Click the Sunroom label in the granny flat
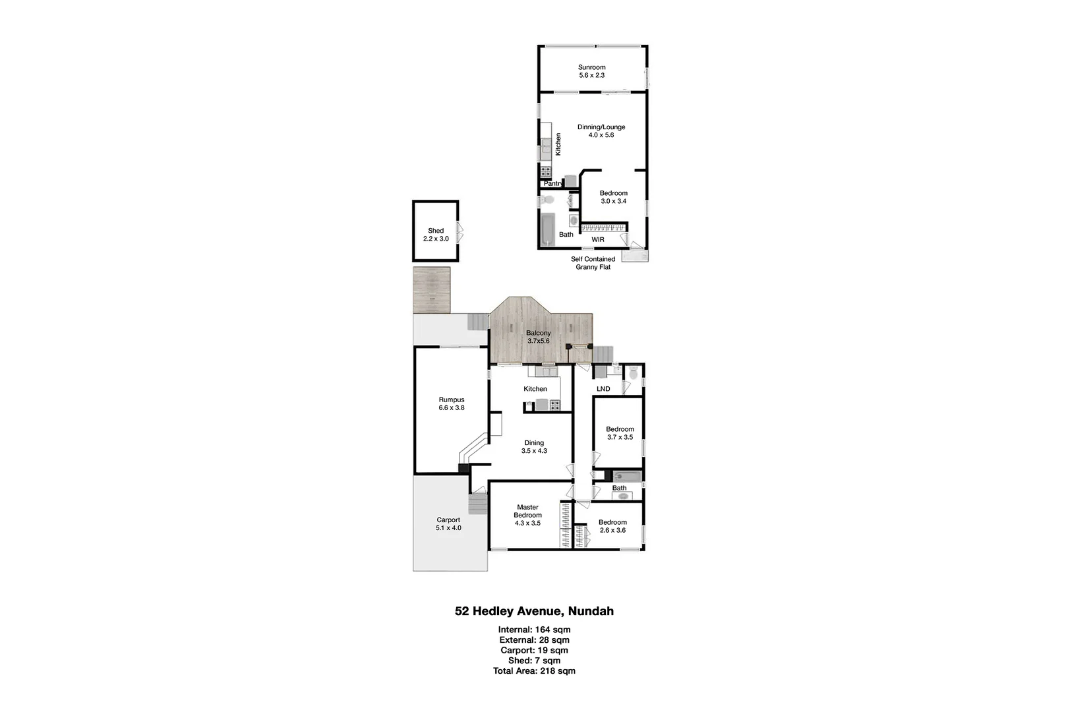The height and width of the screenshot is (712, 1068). click(591, 67)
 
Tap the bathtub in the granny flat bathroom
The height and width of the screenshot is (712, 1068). click(547, 229)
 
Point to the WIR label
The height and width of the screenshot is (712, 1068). click(597, 239)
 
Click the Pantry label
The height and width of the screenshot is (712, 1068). click(552, 183)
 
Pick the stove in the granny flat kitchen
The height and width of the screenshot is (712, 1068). click(546, 171)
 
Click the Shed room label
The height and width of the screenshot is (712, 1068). click(436, 231)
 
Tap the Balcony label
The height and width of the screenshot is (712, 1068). click(538, 334)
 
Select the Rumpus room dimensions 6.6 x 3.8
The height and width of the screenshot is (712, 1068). click(452, 408)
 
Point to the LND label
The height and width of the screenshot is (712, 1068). click(603, 389)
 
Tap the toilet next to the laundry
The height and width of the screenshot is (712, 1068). click(634, 374)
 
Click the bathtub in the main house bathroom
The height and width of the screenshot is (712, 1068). click(627, 475)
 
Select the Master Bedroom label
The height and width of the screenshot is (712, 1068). click(527, 511)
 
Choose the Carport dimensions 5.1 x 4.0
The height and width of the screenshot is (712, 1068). click(448, 528)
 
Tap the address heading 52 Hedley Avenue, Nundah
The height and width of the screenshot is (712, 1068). click(534, 611)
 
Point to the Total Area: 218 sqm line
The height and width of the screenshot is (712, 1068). click(534, 671)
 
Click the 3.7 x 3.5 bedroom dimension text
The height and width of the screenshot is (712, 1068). click(620, 437)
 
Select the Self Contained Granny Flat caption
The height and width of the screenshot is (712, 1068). click(593, 263)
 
